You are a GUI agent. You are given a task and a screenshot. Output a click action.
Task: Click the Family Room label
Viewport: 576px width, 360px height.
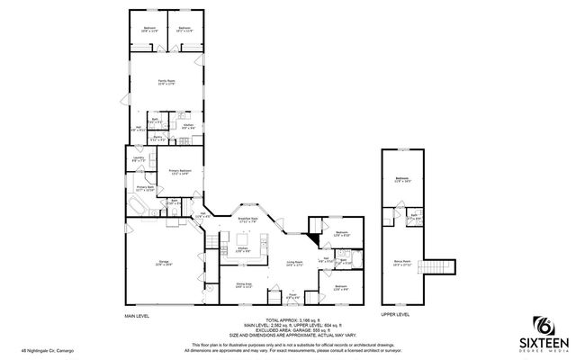pos(166,82)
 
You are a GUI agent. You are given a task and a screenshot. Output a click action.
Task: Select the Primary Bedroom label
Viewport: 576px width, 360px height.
pos(180,171)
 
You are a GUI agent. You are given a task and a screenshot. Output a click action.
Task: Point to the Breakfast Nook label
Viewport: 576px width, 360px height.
pos(248,218)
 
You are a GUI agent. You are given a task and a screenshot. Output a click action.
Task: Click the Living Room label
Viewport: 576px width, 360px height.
pos(294,263)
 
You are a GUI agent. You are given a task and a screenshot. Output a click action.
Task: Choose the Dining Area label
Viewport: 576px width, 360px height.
pos(244,285)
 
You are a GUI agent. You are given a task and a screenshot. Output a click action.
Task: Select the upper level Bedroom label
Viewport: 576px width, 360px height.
pos(401,179)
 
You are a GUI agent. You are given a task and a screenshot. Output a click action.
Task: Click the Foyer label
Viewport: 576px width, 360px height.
pos(292,295)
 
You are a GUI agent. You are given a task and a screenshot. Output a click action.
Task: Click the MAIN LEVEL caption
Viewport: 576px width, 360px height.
pos(137,317)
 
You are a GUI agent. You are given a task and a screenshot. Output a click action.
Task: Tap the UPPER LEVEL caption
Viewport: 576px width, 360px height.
pos(395,315)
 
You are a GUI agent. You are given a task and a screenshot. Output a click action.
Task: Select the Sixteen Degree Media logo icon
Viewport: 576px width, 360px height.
pos(544,325)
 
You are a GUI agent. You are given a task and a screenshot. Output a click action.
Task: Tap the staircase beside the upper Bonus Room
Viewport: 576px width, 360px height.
pos(438,268)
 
